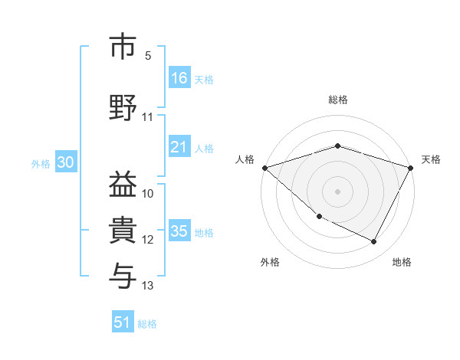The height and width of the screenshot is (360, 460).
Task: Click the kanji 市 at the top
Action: [x=123, y=47]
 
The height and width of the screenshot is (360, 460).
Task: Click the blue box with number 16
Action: [x=179, y=77]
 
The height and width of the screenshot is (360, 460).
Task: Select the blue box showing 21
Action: [x=179, y=147]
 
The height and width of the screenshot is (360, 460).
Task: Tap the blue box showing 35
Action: [x=179, y=231]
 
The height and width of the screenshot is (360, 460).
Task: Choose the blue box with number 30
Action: [x=65, y=162]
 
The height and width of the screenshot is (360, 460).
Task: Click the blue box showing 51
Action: [x=123, y=322]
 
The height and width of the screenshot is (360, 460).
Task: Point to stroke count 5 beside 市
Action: [x=148, y=56]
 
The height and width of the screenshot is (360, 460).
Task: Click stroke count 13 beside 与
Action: [x=148, y=286]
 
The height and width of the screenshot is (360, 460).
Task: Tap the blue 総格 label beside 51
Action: [x=147, y=324]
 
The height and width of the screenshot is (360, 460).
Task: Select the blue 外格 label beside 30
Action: [x=40, y=163]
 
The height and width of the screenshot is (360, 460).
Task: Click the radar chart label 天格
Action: [x=431, y=159]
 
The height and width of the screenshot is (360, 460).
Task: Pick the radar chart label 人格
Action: [x=245, y=159]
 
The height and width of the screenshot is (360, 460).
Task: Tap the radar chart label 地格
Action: [x=402, y=263]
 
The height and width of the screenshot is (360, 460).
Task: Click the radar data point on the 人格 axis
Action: [x=264, y=168]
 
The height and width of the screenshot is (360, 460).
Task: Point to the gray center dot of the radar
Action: [x=337, y=191]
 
